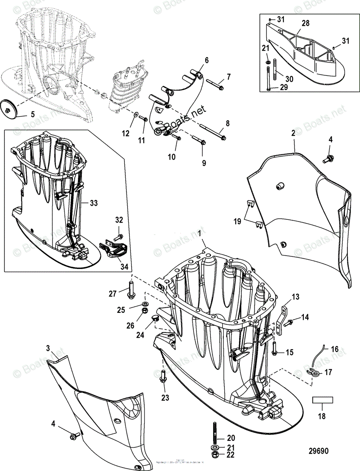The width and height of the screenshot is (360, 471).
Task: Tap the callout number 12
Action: [x=126, y=133]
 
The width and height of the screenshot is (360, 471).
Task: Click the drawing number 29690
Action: [x=318, y=451]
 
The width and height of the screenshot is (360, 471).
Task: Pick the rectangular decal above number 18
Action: [x=322, y=400]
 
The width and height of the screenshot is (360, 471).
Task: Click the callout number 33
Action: [x=93, y=203]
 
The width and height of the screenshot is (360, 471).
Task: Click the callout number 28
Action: [x=305, y=24]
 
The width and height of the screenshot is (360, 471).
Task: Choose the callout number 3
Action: [x=48, y=348]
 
